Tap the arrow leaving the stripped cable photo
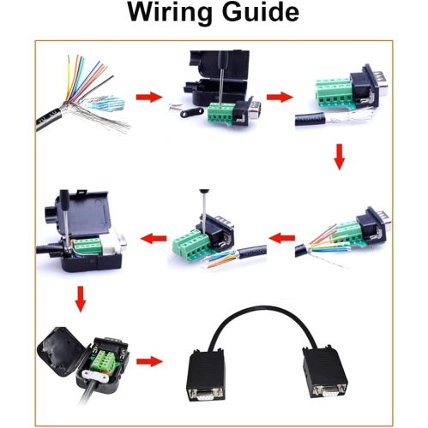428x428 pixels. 149,97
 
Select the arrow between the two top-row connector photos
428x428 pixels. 276,97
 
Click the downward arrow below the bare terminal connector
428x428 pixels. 340,156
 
